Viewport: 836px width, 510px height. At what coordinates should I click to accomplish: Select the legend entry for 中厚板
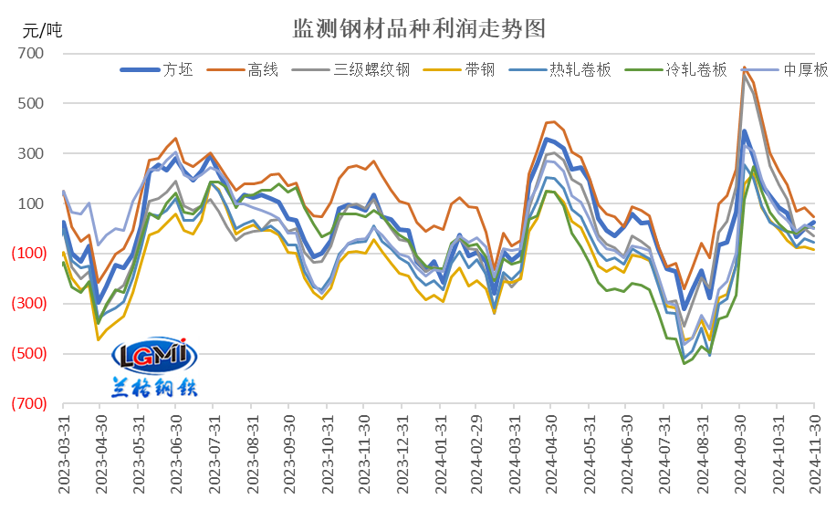coord(806,69)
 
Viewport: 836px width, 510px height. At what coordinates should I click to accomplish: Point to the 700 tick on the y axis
coord(31,54)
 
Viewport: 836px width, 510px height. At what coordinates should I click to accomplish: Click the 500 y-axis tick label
coord(31,104)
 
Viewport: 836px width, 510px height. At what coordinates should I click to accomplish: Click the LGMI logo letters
coord(148,353)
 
